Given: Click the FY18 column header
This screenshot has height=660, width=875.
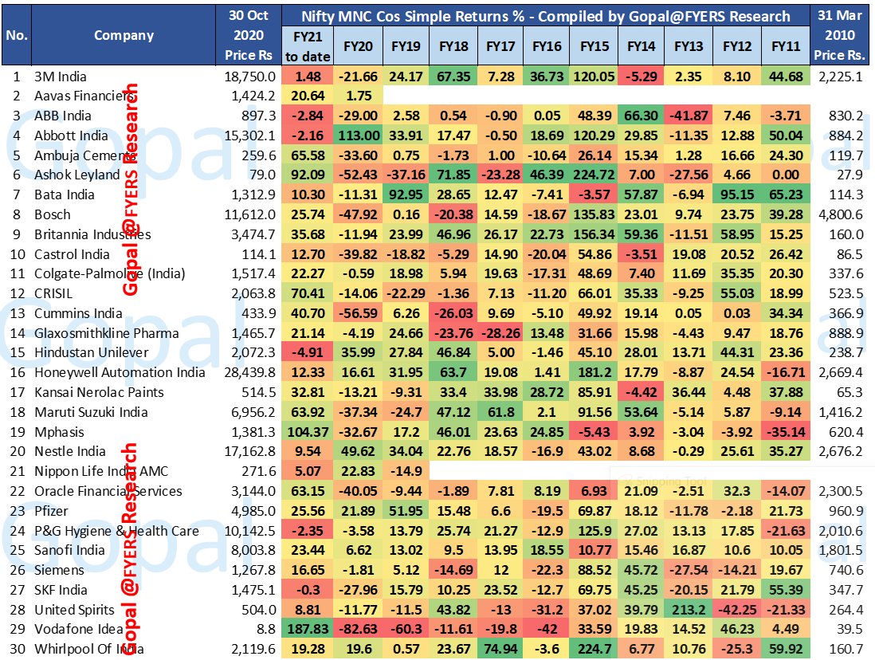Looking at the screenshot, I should pyautogui.click(x=453, y=46).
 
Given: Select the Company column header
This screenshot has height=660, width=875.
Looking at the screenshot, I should pyautogui.click(x=124, y=35).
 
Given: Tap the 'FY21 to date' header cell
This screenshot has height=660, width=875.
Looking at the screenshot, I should pyautogui.click(x=304, y=46).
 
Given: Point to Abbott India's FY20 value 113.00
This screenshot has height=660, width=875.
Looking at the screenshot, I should pyautogui.click(x=358, y=136).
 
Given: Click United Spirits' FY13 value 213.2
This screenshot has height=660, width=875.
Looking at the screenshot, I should pyautogui.click(x=688, y=610).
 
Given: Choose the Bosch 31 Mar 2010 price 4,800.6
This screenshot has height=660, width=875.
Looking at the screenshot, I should pyautogui.click(x=841, y=214).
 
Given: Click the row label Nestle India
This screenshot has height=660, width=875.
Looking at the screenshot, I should pyautogui.click(x=70, y=451).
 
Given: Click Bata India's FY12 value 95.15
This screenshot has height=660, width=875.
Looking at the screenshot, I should pyautogui.click(x=736, y=195).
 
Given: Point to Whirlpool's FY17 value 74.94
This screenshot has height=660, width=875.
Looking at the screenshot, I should pyautogui.click(x=500, y=649).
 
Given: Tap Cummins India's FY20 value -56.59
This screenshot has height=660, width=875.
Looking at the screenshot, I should pyautogui.click(x=358, y=313).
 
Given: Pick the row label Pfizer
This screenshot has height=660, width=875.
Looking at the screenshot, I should pyautogui.click(x=52, y=511).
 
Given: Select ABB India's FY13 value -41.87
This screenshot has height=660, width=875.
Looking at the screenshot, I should pyautogui.click(x=688, y=116).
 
